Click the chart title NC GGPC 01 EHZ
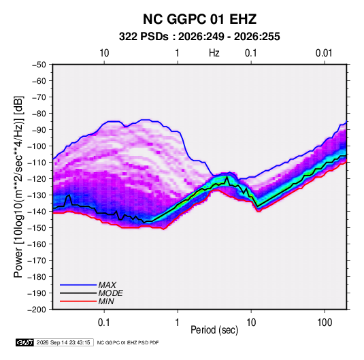click(199, 19)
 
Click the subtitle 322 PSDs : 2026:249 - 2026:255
click(199, 37)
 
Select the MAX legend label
click(107, 285)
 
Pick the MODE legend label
click(110, 293)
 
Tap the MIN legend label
click(106, 301)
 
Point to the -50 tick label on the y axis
click(39, 65)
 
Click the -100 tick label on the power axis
click(37, 146)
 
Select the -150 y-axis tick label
click(37, 228)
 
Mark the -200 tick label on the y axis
click(37, 310)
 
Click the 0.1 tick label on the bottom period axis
click(104, 323)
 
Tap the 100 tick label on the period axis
click(325, 323)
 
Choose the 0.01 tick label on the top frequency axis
click(324, 53)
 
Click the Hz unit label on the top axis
click(214, 53)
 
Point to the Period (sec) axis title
click(214, 330)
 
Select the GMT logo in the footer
click(24, 342)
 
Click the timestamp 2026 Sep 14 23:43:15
click(63, 342)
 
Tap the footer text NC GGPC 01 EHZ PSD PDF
click(128, 342)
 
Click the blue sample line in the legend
click(78, 285)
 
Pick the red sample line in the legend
click(78, 301)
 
